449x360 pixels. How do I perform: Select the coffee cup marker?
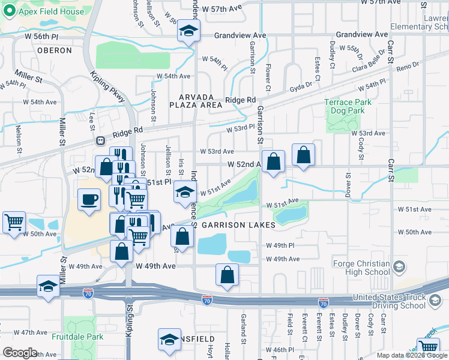pos(89,199)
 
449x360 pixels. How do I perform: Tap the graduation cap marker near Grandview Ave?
pos(188,32)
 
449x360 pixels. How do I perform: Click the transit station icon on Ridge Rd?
pos(101,140)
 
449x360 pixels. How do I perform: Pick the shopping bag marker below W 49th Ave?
pos(228,274)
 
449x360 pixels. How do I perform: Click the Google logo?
pos(20,353)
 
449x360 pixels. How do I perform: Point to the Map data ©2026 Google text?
pos(411,355)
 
